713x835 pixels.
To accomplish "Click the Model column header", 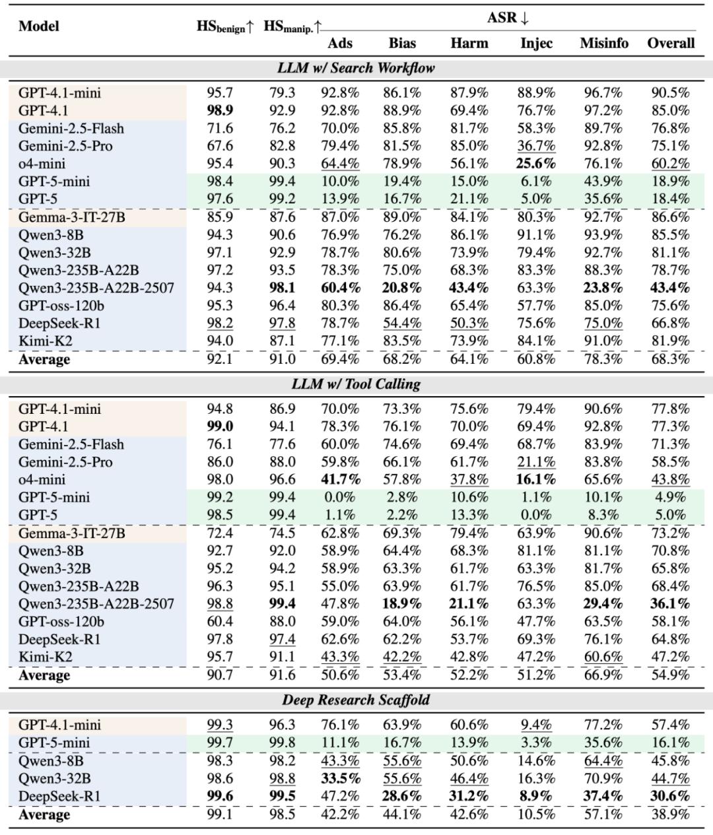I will (39, 26).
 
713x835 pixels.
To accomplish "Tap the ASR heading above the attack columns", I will (508, 18).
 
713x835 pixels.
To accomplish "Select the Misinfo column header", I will (603, 44).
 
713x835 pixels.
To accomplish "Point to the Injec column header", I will (535, 44).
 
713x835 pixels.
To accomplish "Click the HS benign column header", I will (224, 26).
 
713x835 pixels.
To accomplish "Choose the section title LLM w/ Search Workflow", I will (356, 68).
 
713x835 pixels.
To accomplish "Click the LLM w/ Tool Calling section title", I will (356, 384).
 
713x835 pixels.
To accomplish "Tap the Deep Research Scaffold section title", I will (356, 700).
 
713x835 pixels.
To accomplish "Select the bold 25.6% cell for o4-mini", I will (535, 164).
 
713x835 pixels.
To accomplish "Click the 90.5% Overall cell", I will (670, 93).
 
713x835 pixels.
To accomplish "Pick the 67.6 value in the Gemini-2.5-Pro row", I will (220, 146).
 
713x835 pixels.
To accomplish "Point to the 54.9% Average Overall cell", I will (670, 675).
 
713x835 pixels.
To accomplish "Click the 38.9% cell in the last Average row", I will (670, 815).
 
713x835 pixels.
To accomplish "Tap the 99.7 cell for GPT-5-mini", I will (220, 743).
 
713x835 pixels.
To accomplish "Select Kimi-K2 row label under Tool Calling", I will (45, 657).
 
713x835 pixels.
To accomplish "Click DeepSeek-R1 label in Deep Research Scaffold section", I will (59, 797).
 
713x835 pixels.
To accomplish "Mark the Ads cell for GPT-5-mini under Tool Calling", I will (340, 498).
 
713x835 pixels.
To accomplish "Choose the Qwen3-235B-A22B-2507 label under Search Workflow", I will (96, 288).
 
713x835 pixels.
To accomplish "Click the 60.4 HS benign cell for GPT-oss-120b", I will (220, 622).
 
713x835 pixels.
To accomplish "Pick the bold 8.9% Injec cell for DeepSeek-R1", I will (535, 797).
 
